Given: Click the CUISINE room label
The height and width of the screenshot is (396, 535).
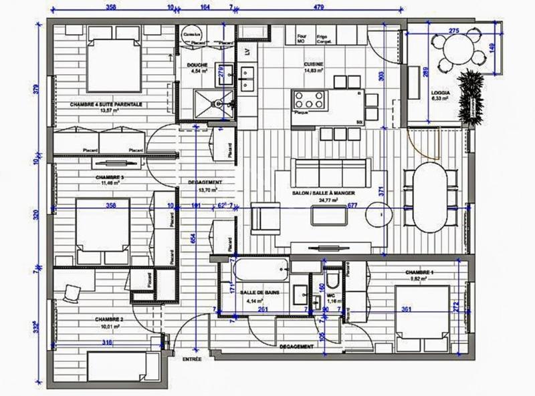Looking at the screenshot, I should click(x=313, y=65).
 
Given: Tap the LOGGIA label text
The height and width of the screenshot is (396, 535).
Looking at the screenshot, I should click(x=439, y=92).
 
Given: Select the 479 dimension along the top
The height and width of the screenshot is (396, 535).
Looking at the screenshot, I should click(x=318, y=9).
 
